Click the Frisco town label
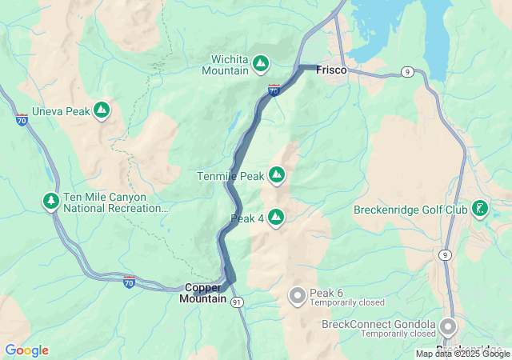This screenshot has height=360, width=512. tap(331, 70)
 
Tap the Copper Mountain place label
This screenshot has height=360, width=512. tap(202, 293)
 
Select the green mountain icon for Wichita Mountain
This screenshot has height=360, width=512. tap(261, 62)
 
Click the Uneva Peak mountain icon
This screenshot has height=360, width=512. tap(102, 110)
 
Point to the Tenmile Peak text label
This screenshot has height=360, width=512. tap(230, 175)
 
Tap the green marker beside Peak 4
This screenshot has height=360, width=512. tap(276, 217)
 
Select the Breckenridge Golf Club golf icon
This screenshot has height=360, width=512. tap(479, 210)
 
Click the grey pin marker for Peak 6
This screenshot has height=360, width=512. tap(297, 296)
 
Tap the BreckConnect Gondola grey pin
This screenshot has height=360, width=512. tap(447, 326)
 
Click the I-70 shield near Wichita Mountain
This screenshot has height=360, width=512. tap(274, 90)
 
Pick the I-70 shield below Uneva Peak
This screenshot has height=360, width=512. tap(21, 120)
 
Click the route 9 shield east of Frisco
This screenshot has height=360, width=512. tap(408, 72)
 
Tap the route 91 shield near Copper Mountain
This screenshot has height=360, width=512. tap(237, 302)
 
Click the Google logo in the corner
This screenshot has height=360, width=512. tap(26, 350)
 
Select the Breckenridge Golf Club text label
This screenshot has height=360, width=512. tap(410, 210)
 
